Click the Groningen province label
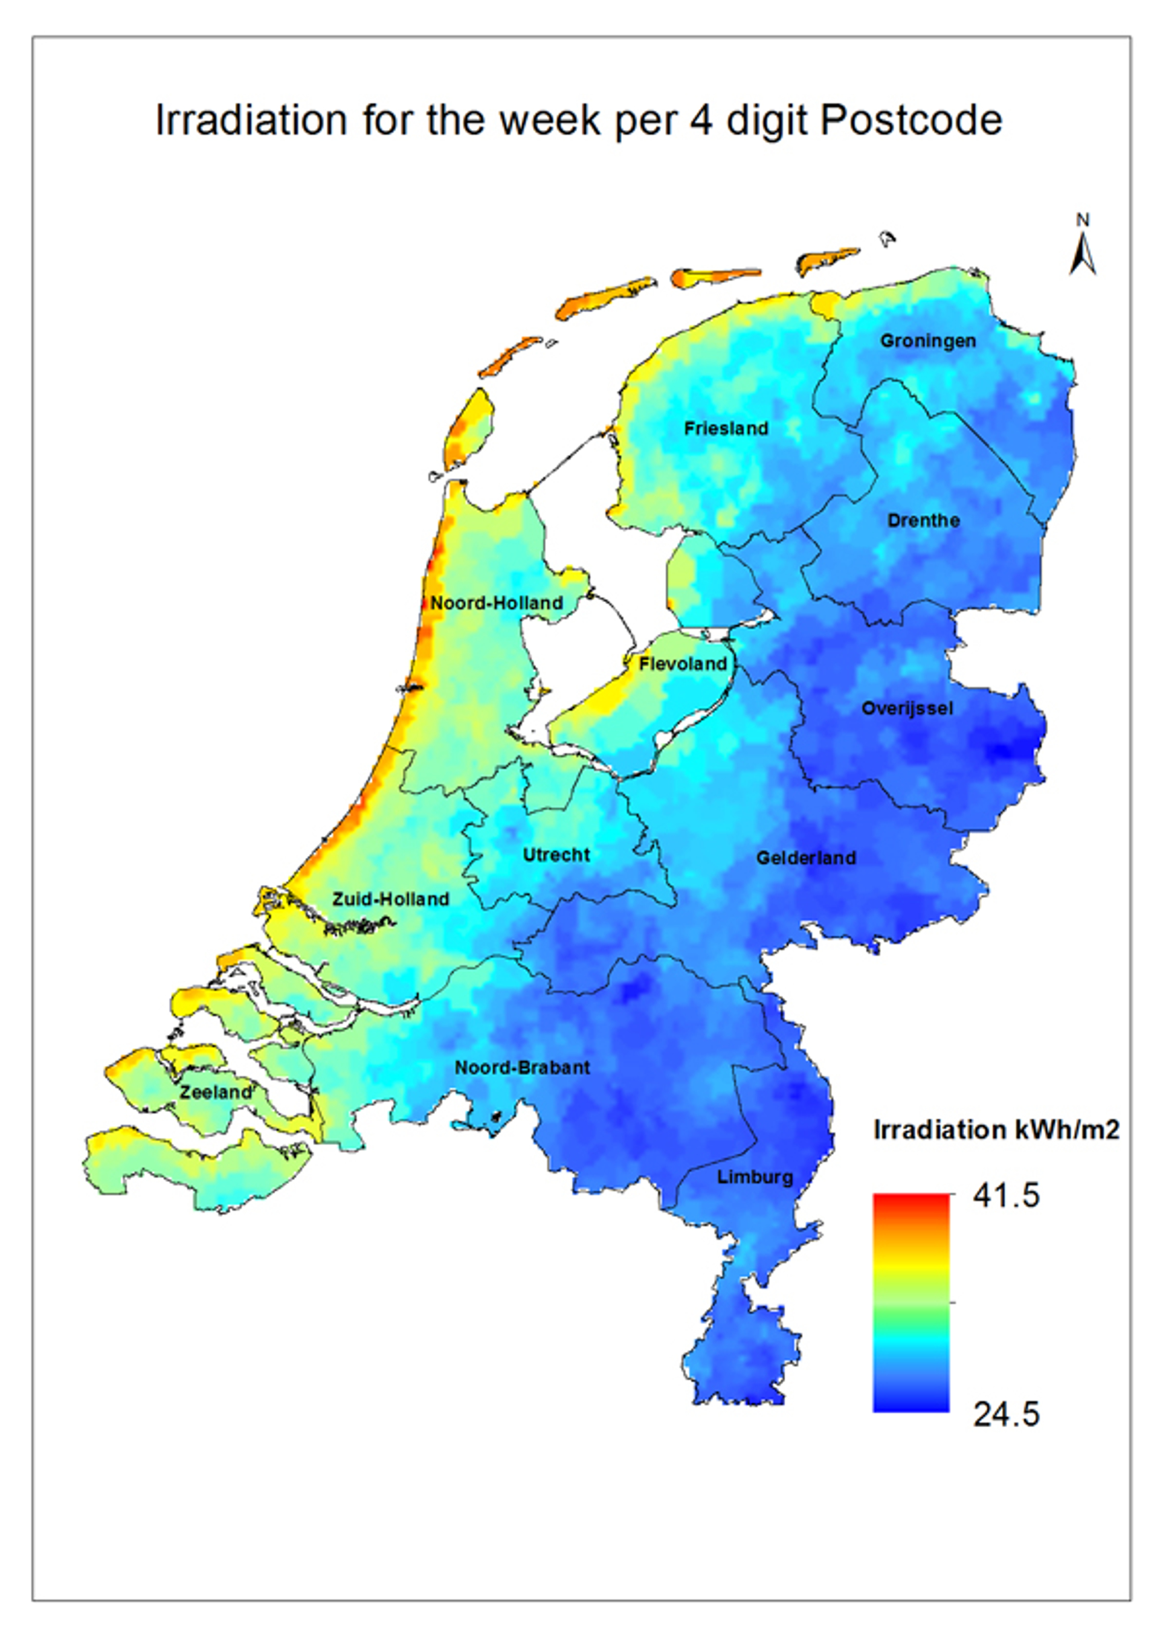click(x=927, y=341)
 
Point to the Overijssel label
click(x=906, y=708)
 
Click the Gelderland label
click(x=806, y=858)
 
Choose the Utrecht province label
click(x=556, y=855)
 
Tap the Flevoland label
click(x=682, y=664)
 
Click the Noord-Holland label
click(x=497, y=603)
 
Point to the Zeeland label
click(x=216, y=1093)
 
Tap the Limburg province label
click(x=755, y=1177)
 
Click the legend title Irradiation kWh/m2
click(x=996, y=1129)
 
